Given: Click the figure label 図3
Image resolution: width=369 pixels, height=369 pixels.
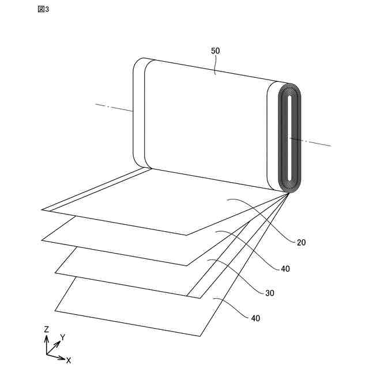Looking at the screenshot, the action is tap(43, 10).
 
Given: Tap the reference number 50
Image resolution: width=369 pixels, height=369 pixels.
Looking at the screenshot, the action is tap(215, 51).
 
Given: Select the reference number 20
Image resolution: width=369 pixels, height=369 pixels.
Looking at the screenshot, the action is tap(302, 242).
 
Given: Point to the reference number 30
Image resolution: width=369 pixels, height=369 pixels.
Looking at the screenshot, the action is tap(270, 293).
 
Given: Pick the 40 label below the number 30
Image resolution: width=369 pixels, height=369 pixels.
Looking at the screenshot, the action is tap(255, 318).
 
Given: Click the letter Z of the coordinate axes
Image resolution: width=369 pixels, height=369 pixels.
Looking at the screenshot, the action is tap(46, 329).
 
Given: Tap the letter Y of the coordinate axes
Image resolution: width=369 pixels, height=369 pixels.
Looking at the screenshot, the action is tap(62, 337).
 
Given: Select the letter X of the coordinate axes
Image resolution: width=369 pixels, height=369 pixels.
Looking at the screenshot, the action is tap(69, 360).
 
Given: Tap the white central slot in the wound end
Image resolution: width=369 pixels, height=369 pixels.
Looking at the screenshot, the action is tap(288, 138).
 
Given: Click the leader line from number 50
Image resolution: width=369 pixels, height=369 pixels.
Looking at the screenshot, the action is tap(215, 65).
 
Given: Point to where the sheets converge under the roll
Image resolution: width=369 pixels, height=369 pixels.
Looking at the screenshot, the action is tap(288, 193).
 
